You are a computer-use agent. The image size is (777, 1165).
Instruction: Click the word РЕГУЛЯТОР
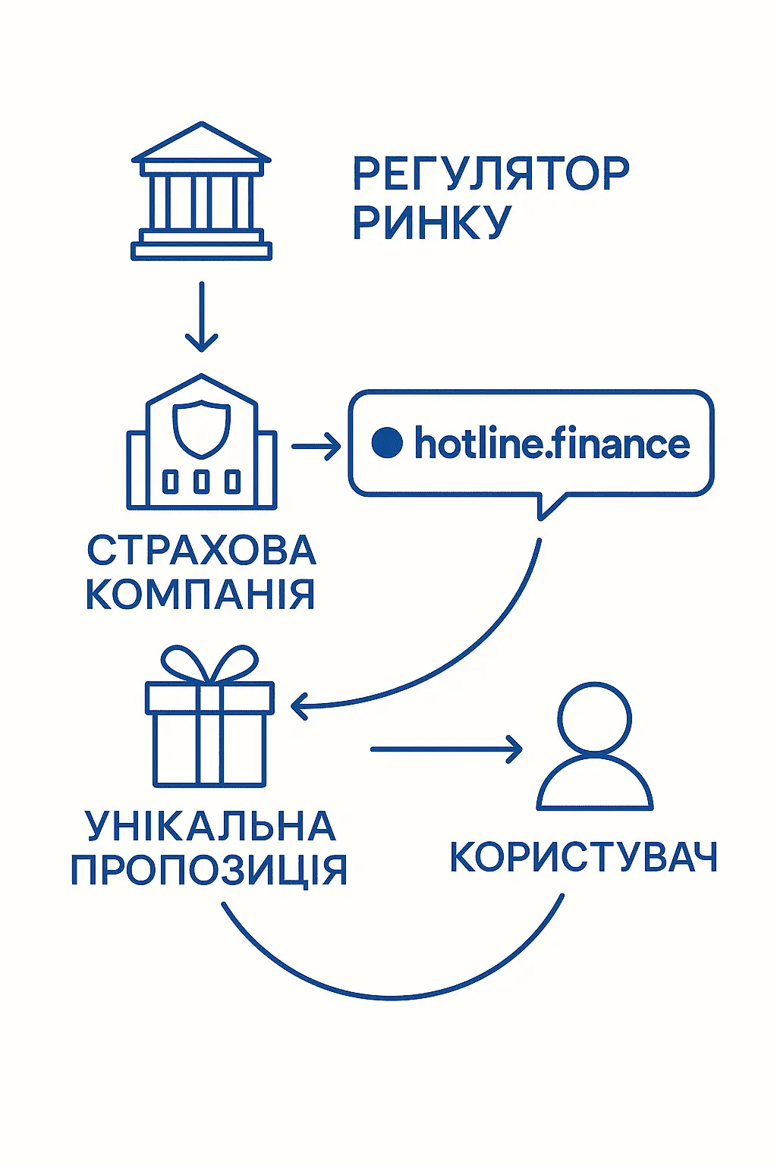tap(490, 174)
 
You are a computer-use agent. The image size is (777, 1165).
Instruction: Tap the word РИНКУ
tap(432, 222)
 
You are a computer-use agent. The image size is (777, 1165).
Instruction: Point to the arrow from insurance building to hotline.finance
tap(315, 447)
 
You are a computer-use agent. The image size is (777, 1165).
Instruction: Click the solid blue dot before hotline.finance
tap(387, 443)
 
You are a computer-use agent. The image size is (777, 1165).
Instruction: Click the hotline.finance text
tap(552, 444)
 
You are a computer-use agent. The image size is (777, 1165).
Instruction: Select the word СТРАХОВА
tap(201, 551)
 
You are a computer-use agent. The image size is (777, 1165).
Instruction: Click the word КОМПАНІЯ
tap(200, 595)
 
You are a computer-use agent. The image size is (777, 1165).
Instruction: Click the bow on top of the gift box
tap(210, 664)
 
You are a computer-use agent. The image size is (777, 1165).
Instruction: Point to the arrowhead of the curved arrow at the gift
tap(298, 706)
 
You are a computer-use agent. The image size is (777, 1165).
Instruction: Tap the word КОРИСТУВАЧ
tap(583, 858)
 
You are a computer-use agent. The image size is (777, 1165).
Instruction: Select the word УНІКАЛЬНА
tap(210, 826)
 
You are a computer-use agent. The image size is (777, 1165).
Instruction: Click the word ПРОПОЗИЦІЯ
tap(209, 870)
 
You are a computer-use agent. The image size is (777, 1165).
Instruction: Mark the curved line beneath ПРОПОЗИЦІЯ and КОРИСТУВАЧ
tap(392, 996)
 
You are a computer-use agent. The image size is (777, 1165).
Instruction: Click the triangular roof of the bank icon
tap(201, 145)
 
